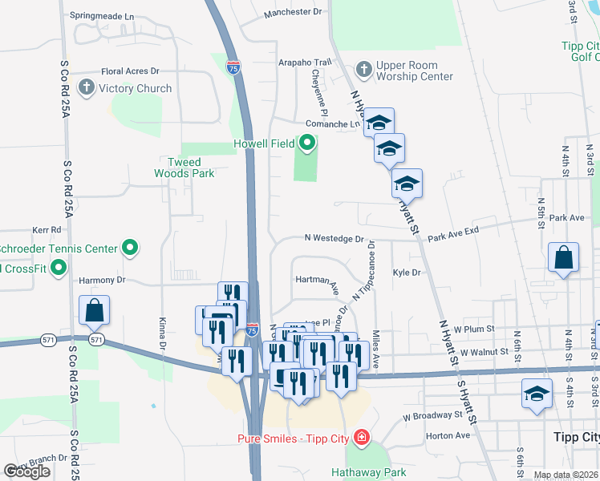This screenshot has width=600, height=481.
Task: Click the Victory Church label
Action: (136, 88)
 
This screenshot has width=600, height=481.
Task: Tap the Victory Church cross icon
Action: (84, 87)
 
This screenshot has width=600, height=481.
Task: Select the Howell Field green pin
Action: (306, 144)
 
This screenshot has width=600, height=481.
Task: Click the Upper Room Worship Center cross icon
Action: (363, 69)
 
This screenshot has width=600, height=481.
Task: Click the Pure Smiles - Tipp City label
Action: (294, 438)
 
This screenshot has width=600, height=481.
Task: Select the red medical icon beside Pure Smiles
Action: (362, 437)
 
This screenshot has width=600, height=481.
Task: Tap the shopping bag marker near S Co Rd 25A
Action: (94, 311)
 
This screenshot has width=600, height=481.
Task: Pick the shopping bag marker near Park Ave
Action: (564, 259)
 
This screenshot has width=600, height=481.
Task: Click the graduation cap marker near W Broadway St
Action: (537, 394)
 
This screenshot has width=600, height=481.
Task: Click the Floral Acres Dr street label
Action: (130, 71)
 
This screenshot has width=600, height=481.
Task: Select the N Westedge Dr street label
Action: (334, 238)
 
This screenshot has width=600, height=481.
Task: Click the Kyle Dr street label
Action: (407, 273)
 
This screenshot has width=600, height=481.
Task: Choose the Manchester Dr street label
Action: (293, 12)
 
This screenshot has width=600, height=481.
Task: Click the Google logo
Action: (27, 471)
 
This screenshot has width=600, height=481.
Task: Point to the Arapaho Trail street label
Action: (304, 62)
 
